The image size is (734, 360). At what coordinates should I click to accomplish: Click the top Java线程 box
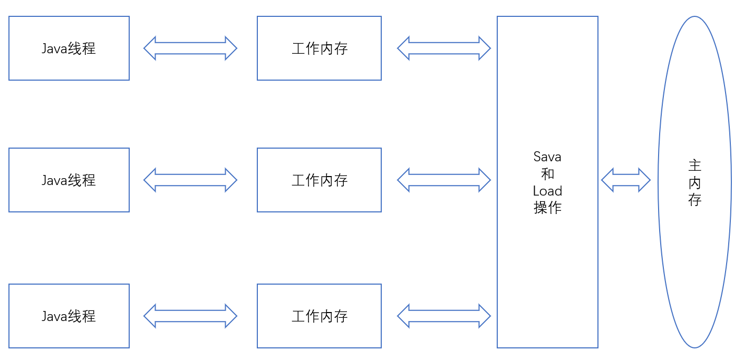click(69, 48)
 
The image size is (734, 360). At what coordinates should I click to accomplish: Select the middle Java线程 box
click(69, 180)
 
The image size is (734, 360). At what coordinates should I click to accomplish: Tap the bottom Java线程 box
click(69, 316)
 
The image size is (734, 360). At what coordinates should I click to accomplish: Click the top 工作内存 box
click(319, 48)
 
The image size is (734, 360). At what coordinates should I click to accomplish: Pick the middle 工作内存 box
click(319, 180)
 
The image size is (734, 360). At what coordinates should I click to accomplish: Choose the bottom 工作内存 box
click(319, 316)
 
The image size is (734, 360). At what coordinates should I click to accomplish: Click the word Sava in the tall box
click(547, 157)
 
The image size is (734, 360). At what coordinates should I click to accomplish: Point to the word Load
click(547, 191)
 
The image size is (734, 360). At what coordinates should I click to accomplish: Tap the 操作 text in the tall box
click(547, 208)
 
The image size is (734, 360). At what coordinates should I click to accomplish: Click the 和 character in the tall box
click(547, 174)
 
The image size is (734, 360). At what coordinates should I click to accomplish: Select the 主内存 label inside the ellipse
click(694, 183)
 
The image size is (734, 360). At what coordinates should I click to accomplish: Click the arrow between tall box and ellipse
click(625, 180)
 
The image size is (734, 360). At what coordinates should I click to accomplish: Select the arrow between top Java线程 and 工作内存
click(190, 48)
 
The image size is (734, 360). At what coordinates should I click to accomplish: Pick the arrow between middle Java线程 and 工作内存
click(190, 180)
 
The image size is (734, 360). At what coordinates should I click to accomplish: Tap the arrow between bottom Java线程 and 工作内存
click(190, 316)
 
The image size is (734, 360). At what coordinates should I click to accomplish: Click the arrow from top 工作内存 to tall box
click(444, 48)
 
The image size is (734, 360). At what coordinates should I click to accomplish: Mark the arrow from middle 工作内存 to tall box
click(444, 180)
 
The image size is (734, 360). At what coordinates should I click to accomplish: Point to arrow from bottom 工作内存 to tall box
click(444, 316)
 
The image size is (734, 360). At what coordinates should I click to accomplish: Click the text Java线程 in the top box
click(69, 48)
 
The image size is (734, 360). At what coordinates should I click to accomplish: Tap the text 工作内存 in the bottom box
click(320, 316)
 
